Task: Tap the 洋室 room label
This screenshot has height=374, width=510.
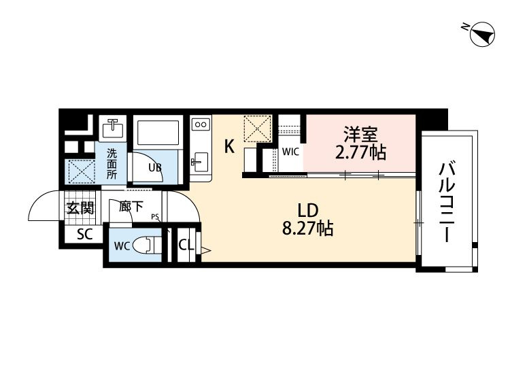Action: [x=361, y=134]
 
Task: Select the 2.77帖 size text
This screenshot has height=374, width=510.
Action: [x=360, y=152]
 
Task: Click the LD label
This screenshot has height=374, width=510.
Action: [x=307, y=210]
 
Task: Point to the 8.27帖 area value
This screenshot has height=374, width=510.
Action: [x=307, y=228]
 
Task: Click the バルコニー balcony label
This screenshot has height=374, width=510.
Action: [x=447, y=202]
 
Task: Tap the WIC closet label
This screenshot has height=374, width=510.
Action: [x=290, y=152]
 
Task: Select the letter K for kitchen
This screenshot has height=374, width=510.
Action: [x=229, y=146]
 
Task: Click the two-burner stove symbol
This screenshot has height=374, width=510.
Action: [x=201, y=124]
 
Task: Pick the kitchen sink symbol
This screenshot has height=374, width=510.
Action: [x=200, y=162]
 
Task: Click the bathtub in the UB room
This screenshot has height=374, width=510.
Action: [x=158, y=133]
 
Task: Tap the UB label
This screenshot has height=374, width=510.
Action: [x=155, y=167]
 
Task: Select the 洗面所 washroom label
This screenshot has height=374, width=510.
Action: [x=112, y=164]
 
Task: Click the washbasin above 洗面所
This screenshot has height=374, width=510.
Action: [x=112, y=128]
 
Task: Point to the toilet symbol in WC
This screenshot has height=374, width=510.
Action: [x=148, y=245]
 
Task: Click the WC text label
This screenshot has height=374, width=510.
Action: [x=122, y=246]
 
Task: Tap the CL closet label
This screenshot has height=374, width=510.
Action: [x=186, y=245]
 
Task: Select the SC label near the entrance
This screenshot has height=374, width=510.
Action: [x=84, y=234]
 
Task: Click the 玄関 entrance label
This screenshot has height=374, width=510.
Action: [x=80, y=207]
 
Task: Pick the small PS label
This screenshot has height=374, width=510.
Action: [x=154, y=217]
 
